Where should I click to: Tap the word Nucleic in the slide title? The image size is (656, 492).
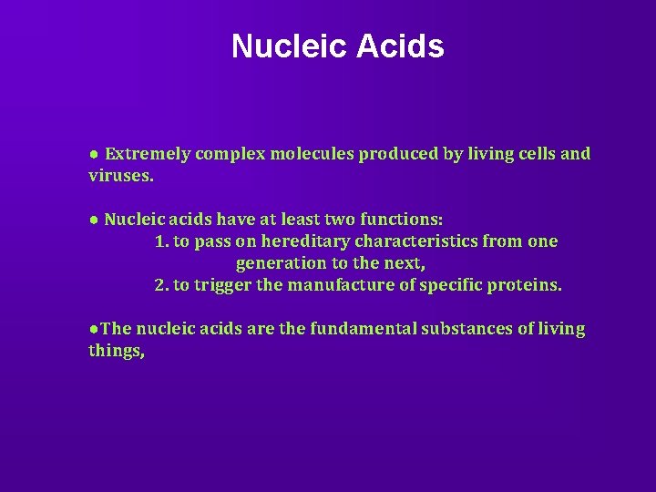point(286,46)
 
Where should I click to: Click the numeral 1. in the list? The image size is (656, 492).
point(163,241)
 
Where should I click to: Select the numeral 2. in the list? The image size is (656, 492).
point(163,285)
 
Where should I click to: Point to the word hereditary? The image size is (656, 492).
point(300,241)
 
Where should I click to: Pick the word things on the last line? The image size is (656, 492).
point(115,349)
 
